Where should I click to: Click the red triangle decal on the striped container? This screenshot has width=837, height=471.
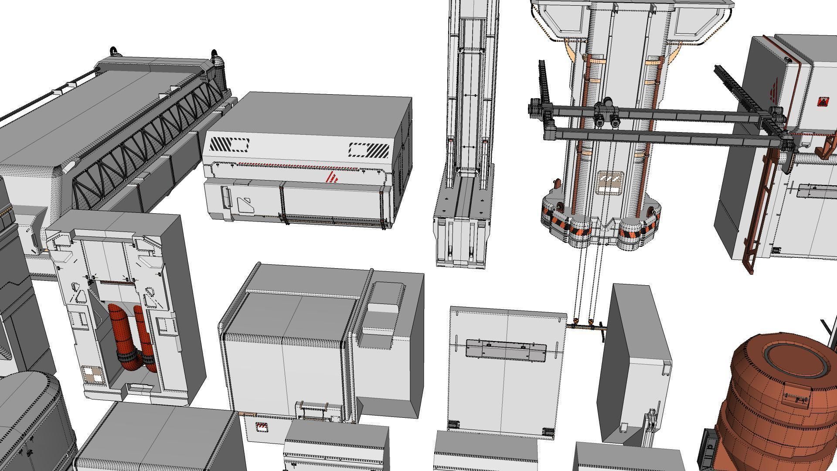pos(333,177)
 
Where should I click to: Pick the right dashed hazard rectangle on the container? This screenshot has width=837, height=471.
pos(369,150)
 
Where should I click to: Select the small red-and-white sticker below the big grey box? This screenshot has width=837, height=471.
pos(262,427)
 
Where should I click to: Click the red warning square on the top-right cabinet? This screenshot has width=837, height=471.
pos(823,102)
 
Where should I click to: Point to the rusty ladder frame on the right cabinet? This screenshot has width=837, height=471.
pos(761,209)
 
